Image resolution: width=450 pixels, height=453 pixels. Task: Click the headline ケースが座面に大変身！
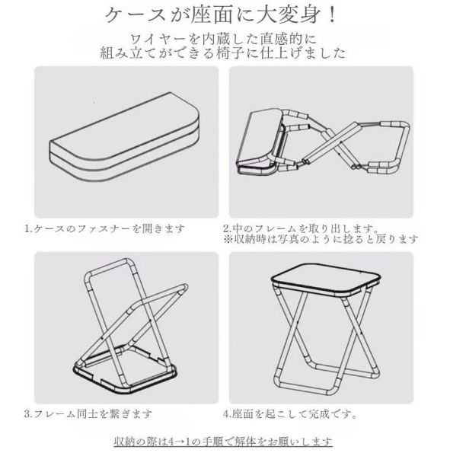pos(225,17)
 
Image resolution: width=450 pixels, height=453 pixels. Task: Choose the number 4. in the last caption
pos(227,415)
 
